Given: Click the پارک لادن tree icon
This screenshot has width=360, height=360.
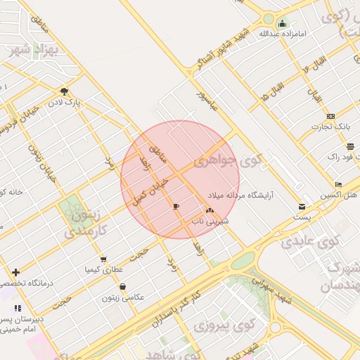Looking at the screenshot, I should coord(65,91).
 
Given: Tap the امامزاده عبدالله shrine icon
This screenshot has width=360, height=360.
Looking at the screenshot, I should coord(282,22).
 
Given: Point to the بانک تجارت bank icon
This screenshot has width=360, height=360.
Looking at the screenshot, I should coord(331,116).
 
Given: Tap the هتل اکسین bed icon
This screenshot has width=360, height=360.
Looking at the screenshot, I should coord(338,185).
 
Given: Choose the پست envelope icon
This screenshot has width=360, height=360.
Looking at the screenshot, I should coord(302,207).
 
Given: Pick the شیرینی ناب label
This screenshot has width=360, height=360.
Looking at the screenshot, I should coord(210,220).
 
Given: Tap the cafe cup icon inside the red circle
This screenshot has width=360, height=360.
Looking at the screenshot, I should coord(176,206).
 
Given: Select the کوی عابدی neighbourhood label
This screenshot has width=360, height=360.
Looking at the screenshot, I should coord(310,242).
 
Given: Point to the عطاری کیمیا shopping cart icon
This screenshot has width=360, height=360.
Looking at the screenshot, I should coord(103,259).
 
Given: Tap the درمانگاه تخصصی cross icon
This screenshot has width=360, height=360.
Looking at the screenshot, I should coord(16,272).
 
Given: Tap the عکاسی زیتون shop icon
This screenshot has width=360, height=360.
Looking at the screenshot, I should coord(123,286).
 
